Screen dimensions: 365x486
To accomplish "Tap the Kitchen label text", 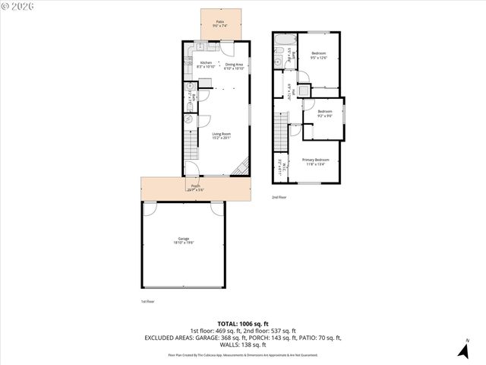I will tap(206, 64).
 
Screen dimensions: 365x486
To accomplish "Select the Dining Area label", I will tap(234, 64).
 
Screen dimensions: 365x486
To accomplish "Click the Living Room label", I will tap(221, 135).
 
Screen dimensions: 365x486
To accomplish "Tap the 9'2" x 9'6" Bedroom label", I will tap(325, 113).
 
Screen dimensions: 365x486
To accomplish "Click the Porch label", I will tap(195, 187).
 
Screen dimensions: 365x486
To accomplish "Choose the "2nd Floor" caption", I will tap(279, 197).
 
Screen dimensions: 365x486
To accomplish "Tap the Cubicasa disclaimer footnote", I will tap(243, 355).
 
